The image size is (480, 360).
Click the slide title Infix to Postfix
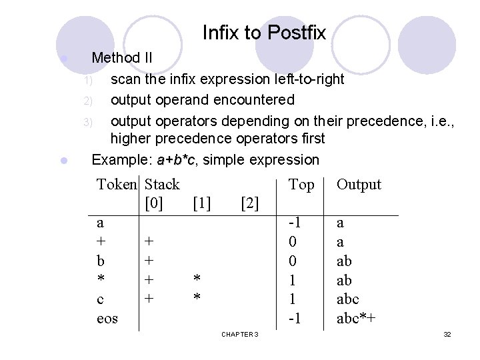point(263,33)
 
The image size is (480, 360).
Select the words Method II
point(122,58)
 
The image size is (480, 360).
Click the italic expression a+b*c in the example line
point(176,160)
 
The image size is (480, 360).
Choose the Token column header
point(117,185)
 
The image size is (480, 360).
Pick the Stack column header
point(162,185)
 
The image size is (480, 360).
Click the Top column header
point(301,185)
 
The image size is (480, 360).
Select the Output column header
point(359,185)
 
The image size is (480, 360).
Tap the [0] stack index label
point(153,202)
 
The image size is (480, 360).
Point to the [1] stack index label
point(201,202)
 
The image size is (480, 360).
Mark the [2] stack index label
point(249,202)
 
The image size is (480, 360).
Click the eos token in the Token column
point(107,319)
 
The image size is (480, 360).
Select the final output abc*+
point(355,319)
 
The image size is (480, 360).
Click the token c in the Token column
point(100,299)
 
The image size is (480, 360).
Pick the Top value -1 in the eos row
point(294,319)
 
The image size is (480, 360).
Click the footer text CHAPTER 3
point(240,333)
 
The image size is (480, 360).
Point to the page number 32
point(447,333)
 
